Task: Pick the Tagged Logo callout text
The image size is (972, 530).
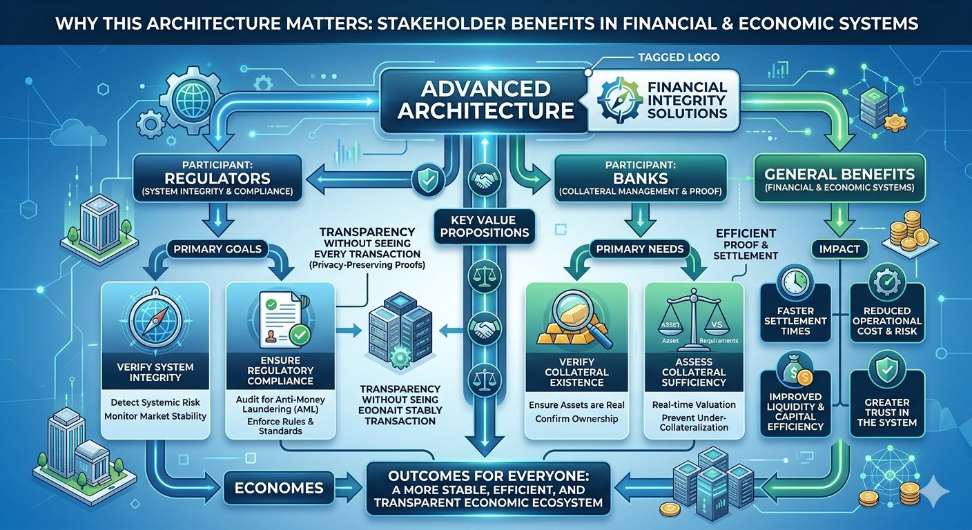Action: tap(679, 58)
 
